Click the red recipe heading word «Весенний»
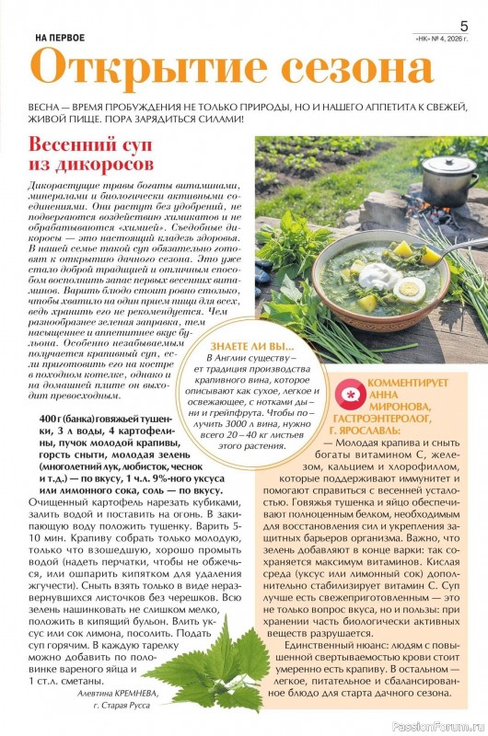tap(77, 146)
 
